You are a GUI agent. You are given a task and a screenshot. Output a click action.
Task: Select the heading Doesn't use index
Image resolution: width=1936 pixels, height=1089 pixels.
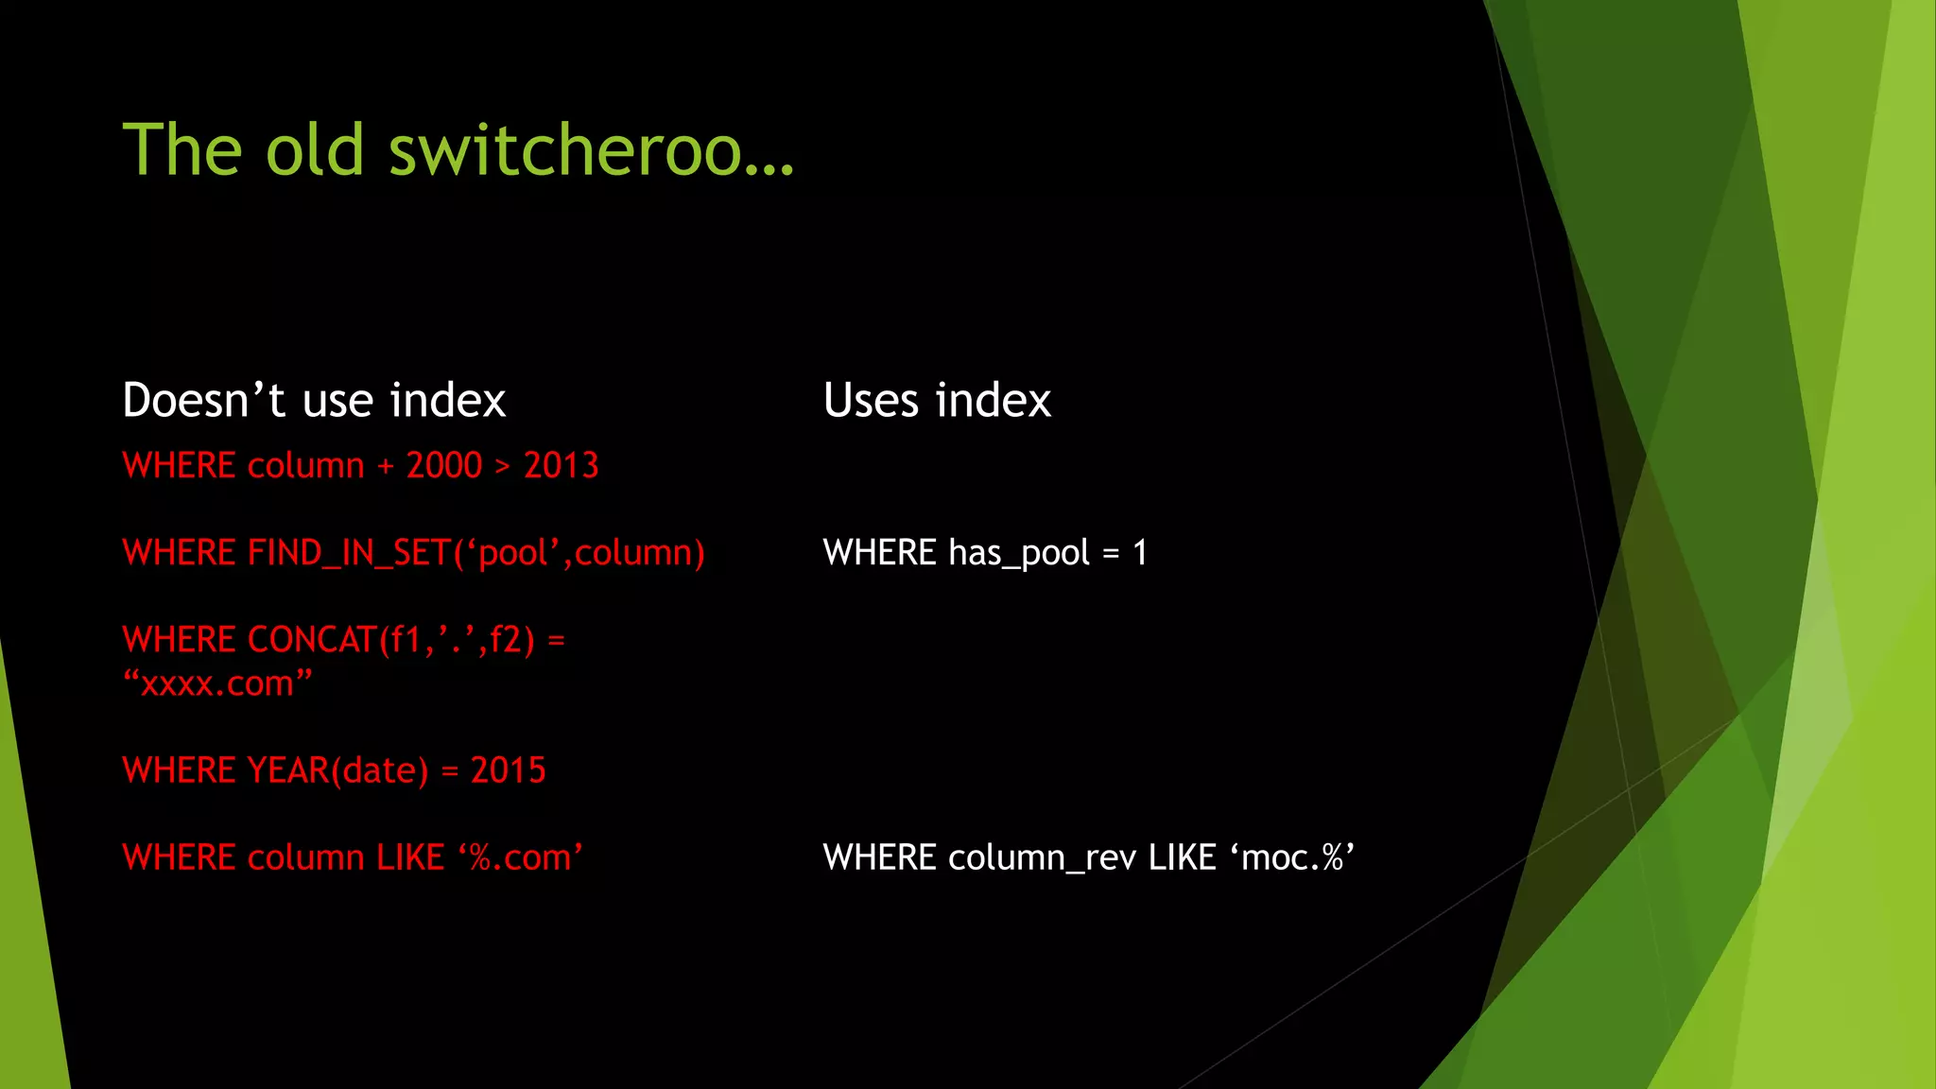[314, 400]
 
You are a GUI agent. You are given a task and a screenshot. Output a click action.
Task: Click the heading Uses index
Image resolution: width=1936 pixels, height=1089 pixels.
[937, 400]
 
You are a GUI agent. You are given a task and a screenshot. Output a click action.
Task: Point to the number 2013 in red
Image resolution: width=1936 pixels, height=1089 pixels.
[562, 465]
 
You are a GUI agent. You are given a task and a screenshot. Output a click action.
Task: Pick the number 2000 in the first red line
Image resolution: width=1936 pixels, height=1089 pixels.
[444, 465]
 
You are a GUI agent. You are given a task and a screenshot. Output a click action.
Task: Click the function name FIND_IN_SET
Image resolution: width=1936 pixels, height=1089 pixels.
[349, 553]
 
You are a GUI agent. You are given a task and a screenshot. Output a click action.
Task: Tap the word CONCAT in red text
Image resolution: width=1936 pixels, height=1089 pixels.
[312, 640]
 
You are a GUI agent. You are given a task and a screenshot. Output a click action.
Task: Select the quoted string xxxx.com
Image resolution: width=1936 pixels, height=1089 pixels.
[217, 683]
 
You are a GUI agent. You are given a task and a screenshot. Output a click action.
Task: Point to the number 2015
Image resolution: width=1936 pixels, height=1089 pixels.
[509, 770]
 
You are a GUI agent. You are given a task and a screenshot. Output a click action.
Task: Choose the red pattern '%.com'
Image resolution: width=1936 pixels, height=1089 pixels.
[521, 857]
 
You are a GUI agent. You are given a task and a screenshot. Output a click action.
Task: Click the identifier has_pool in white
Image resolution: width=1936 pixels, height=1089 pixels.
[1019, 553]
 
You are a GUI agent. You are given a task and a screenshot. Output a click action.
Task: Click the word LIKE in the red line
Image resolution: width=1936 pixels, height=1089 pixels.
[410, 857]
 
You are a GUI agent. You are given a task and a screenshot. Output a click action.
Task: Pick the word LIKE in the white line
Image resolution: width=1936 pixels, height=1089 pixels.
[1182, 857]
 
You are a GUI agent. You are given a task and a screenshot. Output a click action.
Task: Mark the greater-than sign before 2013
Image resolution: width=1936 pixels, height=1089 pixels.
[503, 466]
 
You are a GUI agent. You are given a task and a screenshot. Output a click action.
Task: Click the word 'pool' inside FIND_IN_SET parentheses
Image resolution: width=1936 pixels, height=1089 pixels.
[513, 553]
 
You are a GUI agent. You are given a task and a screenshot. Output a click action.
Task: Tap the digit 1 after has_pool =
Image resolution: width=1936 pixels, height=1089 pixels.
[1140, 553]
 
